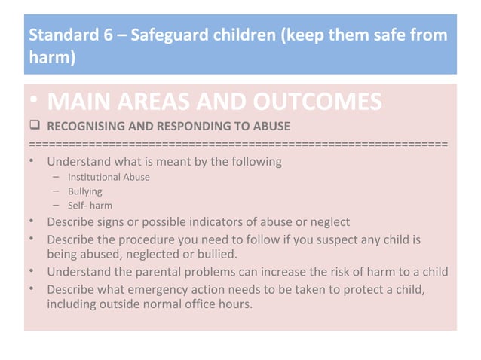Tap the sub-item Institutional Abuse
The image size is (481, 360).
coord(109,177)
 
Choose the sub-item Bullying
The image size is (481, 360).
coord(84,191)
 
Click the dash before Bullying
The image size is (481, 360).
coord(57,191)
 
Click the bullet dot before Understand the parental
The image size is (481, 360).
coord(33,272)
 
